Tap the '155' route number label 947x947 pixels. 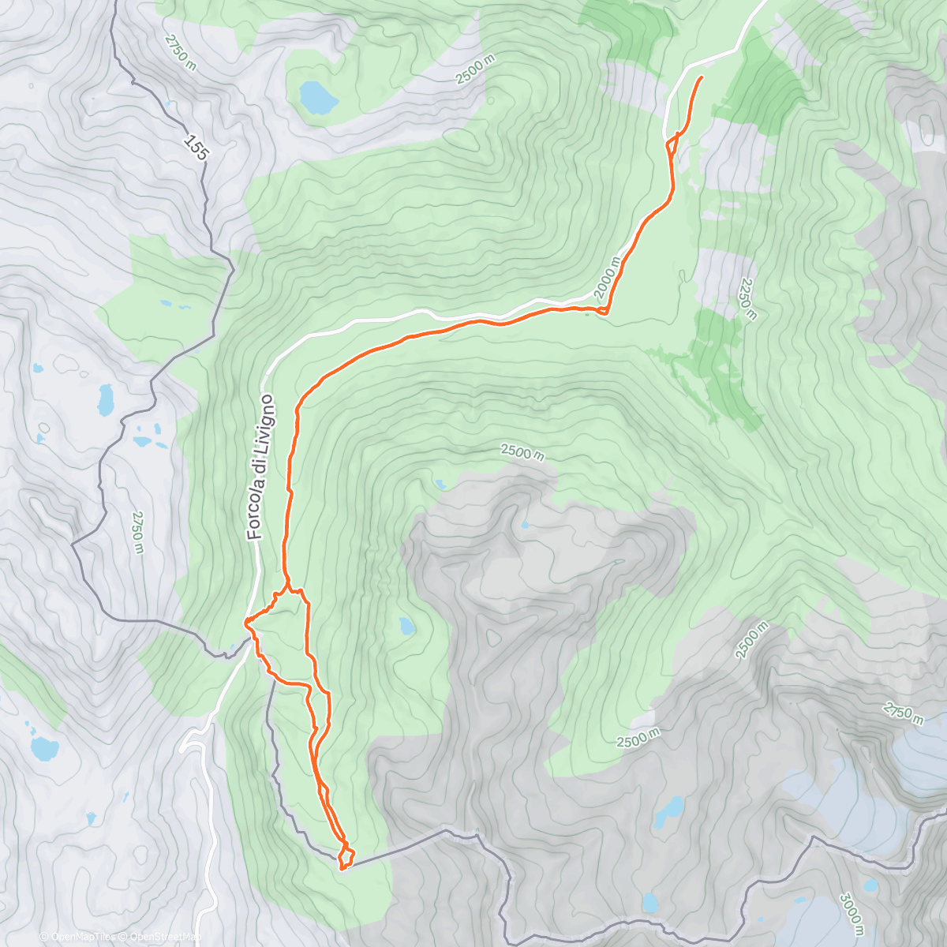tap(195, 148)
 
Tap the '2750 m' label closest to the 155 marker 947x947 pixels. tap(180, 52)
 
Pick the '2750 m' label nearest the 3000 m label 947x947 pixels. tap(903, 713)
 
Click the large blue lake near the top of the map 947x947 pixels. tap(318, 97)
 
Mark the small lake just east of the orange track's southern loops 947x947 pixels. tap(406, 627)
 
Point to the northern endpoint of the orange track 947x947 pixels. tap(702, 77)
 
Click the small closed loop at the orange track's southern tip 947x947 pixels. tap(346, 856)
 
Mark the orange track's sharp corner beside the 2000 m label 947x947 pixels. tap(605, 313)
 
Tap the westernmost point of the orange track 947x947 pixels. tap(246, 623)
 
